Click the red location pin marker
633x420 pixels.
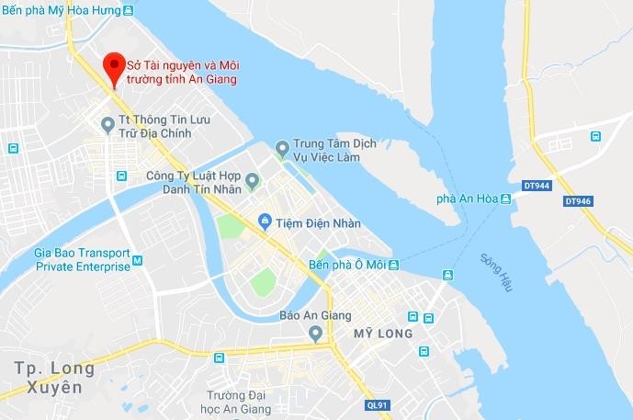(x=113, y=67)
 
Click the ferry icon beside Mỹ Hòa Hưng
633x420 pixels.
(x=130, y=12)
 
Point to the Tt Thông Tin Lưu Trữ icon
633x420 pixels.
(x=108, y=123)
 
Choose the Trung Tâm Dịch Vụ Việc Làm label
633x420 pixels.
(x=334, y=151)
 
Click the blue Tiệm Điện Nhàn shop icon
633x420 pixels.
(x=265, y=221)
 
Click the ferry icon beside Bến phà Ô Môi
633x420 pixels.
(x=393, y=265)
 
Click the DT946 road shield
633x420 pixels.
(x=577, y=199)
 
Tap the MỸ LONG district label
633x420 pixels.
(x=383, y=333)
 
